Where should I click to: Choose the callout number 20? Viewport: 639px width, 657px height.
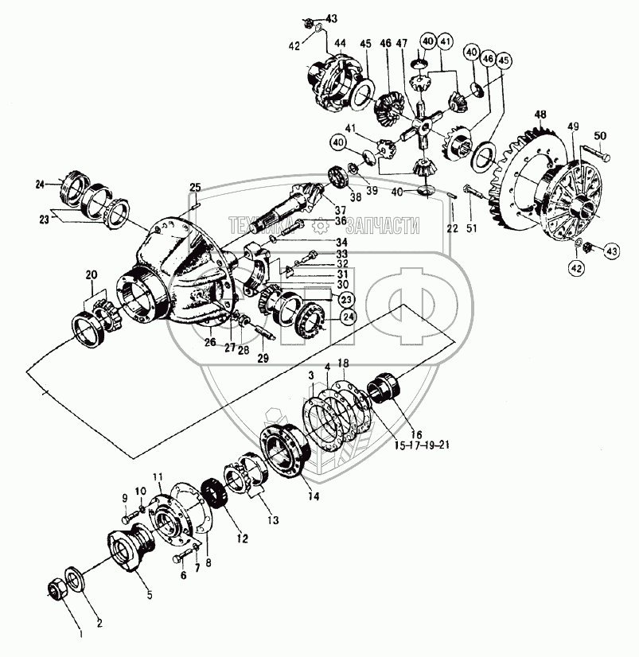(92, 274)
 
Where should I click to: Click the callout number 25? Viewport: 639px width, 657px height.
(196, 187)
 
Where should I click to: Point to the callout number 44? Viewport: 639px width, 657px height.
(340, 43)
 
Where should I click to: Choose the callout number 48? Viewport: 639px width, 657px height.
(541, 116)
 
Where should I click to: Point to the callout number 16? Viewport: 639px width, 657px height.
(416, 433)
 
